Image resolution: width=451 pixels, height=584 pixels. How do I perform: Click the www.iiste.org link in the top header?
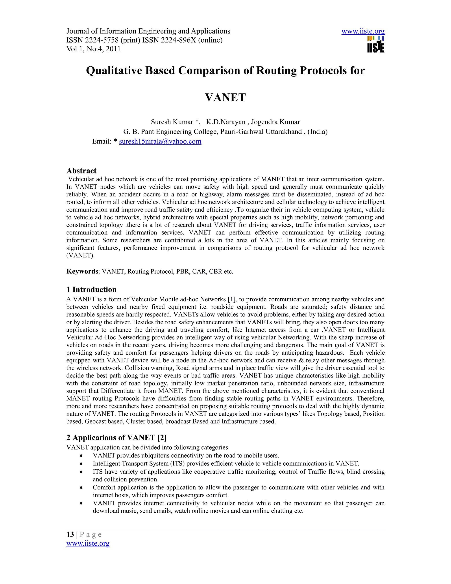[x=363, y=31]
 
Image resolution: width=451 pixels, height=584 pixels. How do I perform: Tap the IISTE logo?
[x=376, y=45]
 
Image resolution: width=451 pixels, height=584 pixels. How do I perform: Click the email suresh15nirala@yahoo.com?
[x=160, y=141]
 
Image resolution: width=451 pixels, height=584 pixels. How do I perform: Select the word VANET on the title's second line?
[x=225, y=97]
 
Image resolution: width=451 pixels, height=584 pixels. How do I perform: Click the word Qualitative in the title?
[x=114, y=71]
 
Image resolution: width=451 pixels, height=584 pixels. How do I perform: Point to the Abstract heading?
[x=81, y=171]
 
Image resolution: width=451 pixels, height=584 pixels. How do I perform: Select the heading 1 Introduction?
[x=91, y=289]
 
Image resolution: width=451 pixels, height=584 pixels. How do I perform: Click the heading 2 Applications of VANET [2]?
[x=116, y=437]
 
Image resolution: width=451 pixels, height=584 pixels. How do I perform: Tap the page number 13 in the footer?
[x=70, y=534]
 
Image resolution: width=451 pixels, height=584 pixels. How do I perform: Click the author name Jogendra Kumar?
[x=275, y=122]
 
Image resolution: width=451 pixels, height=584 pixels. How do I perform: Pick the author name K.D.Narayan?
[x=226, y=122]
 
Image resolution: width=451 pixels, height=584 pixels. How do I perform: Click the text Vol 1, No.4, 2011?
[x=93, y=49]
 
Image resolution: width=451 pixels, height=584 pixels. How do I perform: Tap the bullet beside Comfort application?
[x=81, y=488]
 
